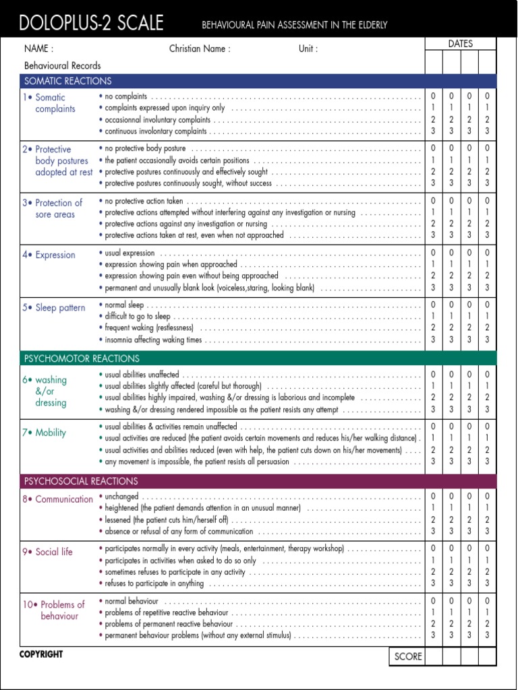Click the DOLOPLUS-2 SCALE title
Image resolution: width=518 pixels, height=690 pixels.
92,24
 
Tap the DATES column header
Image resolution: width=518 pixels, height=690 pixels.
460,44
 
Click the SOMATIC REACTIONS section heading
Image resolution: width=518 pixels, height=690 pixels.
68,81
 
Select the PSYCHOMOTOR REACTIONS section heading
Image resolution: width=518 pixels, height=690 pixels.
82,358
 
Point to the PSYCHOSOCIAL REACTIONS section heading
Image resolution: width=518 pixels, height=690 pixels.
81,481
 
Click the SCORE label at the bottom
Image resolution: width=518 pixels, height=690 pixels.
408,656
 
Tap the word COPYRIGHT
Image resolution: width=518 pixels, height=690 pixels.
41,654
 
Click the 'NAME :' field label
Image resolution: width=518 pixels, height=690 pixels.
38,49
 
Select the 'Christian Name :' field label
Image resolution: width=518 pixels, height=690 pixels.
200,49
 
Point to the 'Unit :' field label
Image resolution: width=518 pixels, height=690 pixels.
308,49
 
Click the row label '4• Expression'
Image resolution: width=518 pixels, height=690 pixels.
49,255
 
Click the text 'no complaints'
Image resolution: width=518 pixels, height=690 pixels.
126,96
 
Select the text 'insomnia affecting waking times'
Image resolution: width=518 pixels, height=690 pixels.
153,340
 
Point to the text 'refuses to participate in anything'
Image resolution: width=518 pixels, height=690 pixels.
154,584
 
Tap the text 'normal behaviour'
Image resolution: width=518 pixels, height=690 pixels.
132,601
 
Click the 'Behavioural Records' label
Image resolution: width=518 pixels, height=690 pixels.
63,66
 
